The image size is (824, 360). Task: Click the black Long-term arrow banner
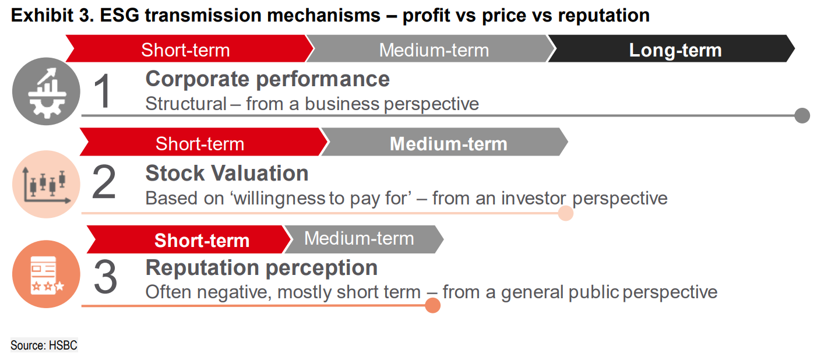click(671, 48)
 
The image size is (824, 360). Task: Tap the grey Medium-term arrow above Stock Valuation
click(445, 142)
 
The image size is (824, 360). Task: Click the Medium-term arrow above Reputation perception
click(364, 239)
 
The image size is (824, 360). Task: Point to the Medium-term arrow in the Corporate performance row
click(431, 48)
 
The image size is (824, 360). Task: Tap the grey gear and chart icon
click(46, 91)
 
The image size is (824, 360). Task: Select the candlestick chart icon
click(46, 184)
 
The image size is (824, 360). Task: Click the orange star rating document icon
click(46, 274)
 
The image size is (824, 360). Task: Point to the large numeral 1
click(102, 91)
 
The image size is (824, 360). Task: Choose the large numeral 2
click(104, 182)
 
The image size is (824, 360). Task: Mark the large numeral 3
click(105, 277)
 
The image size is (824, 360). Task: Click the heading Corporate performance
click(267, 79)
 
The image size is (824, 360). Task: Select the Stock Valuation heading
click(227, 173)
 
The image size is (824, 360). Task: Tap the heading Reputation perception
click(262, 268)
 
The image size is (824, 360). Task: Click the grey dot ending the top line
click(802, 116)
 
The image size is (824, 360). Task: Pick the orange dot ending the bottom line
click(432, 306)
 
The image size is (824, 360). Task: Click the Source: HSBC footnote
click(44, 345)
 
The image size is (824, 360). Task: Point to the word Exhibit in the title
click(42, 16)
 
